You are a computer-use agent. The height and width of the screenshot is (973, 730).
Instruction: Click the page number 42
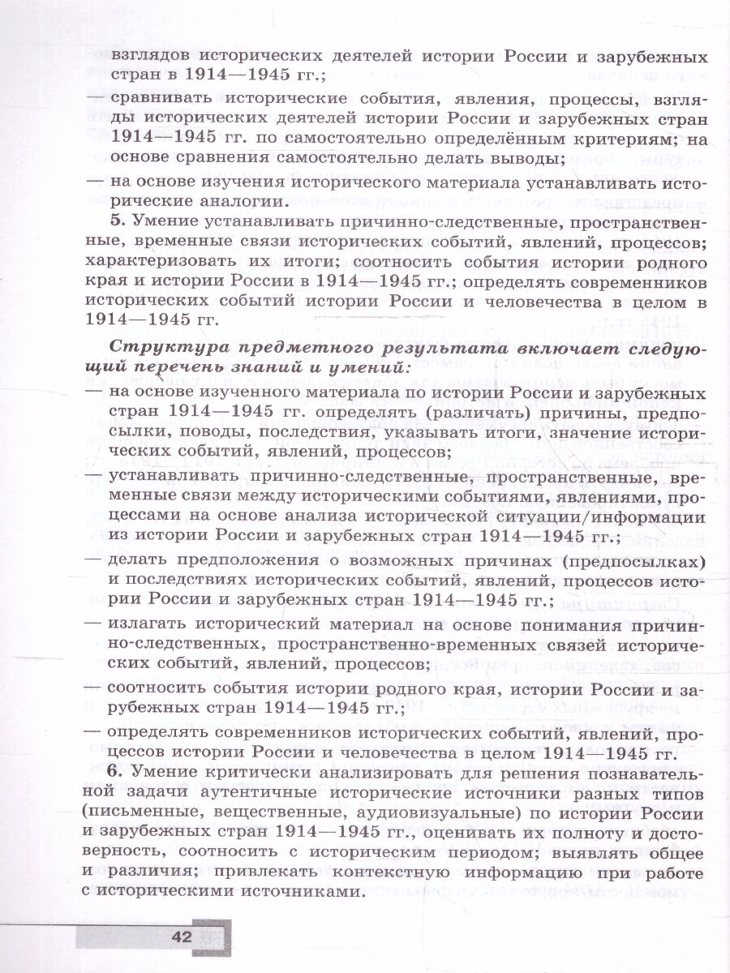click(x=181, y=937)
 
